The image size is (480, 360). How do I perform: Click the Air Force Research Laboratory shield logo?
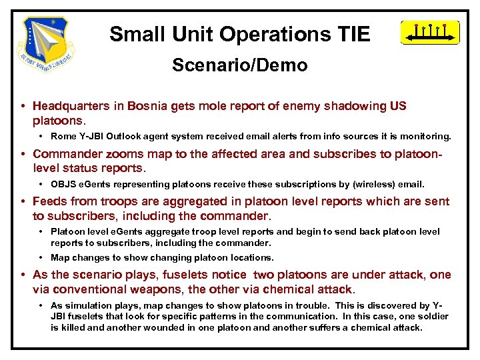pyautogui.click(x=47, y=44)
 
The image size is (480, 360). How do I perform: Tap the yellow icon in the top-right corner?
pyautogui.click(x=430, y=32)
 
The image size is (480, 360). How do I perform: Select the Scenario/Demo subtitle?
pyautogui.click(x=239, y=65)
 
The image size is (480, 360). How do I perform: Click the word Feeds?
pyautogui.click(x=50, y=201)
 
